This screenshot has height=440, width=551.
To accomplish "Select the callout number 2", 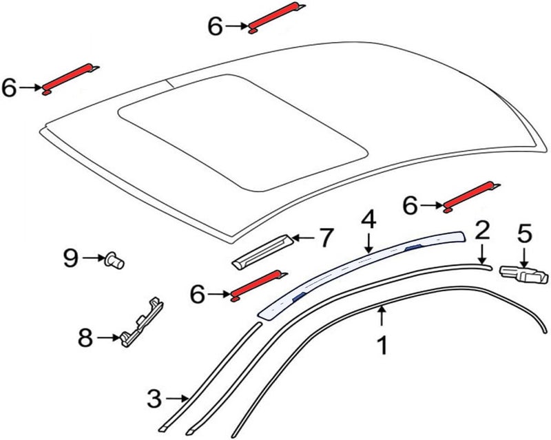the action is click(483, 230).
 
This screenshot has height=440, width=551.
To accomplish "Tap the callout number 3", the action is click(154, 399).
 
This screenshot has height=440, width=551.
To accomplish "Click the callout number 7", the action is click(325, 238).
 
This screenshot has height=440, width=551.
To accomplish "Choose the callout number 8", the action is click(85, 338).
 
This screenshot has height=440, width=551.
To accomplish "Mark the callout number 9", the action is click(71, 258).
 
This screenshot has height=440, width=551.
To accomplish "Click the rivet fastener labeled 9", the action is click(114, 261).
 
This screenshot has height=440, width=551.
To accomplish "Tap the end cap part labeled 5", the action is click(523, 275).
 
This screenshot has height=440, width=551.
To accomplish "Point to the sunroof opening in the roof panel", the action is click(242, 132).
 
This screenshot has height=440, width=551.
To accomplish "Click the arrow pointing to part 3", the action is click(177, 399).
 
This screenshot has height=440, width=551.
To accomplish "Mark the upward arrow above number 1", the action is click(382, 316).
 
